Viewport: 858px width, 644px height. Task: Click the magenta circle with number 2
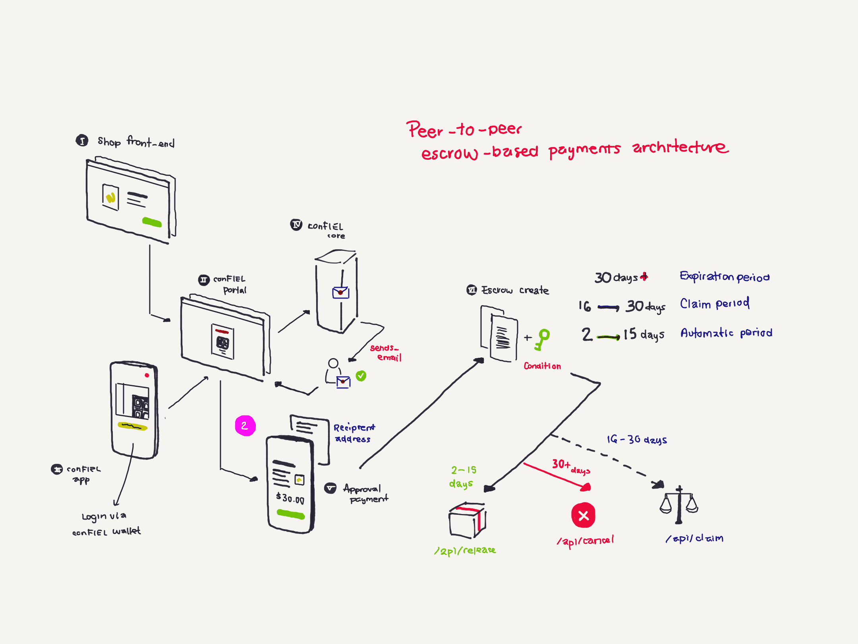pos(245,426)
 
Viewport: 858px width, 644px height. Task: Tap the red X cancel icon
pos(583,516)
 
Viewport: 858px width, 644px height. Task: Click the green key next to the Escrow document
pos(542,339)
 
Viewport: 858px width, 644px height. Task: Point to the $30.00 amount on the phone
pos(290,498)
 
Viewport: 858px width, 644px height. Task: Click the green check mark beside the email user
pos(361,376)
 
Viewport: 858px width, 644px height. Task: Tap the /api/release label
pos(465,551)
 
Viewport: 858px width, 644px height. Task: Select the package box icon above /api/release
pos(467,520)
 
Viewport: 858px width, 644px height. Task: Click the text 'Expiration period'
pos(725,276)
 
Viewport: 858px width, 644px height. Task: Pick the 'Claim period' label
pos(715,304)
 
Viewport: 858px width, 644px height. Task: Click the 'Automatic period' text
pos(726,333)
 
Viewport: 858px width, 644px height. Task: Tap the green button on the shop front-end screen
pos(152,222)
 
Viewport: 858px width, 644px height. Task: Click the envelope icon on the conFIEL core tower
pos(340,293)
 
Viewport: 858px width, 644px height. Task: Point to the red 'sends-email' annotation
pos(385,353)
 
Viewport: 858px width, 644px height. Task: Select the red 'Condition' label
pos(542,366)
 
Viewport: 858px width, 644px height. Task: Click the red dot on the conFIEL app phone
pos(147,375)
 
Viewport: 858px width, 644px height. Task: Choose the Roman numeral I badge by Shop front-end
pos(82,140)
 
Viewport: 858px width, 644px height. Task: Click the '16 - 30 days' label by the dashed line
pos(637,439)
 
